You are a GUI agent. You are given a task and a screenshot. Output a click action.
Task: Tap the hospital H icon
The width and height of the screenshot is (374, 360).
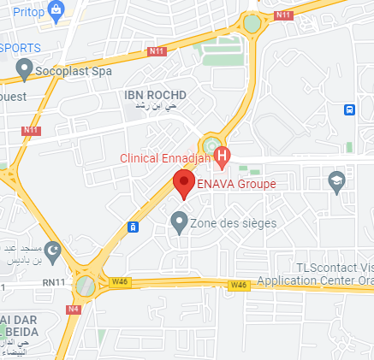coord(223,156)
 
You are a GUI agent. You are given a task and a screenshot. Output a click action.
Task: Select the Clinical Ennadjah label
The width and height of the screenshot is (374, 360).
coord(164,157)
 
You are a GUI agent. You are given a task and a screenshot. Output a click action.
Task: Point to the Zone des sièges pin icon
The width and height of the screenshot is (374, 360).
coord(179,222)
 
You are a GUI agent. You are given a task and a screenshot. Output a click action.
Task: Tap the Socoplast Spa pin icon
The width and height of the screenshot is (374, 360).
coord(25,68)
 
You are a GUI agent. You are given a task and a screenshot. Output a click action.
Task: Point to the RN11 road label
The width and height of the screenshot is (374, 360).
coord(55,281)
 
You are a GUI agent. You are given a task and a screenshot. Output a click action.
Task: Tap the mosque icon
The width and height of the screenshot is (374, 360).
coord(53,252)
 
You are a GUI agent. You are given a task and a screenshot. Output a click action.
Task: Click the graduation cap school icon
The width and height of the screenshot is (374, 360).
coord(336,181)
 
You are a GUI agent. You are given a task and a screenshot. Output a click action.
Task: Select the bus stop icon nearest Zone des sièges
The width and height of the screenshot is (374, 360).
coord(134,227)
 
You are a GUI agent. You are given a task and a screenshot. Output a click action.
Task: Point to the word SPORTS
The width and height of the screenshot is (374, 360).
coord(18,46)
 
